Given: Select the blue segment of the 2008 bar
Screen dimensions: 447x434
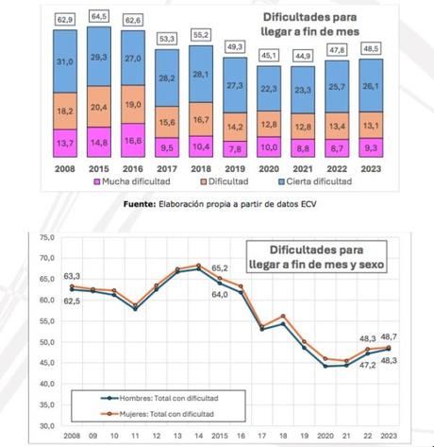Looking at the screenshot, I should (x=65, y=61).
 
